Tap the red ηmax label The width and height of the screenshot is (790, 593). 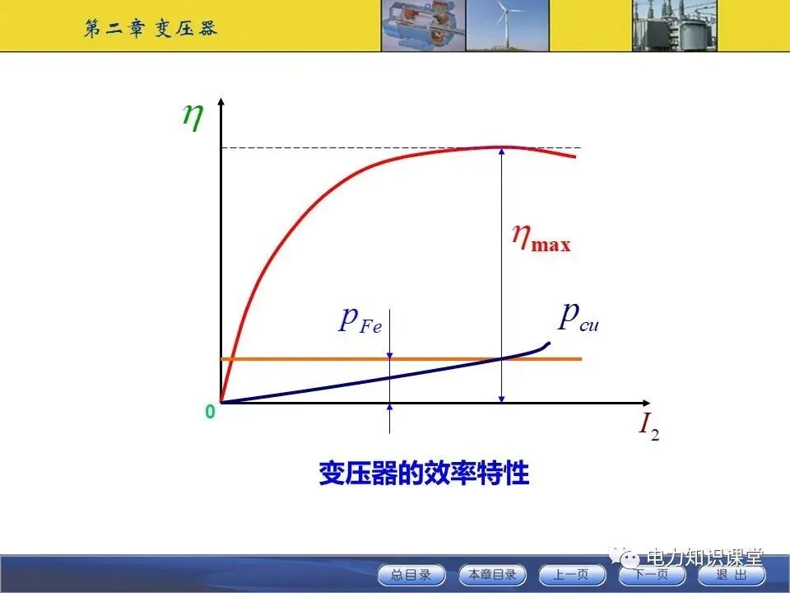point(540,238)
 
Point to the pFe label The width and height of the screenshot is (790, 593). point(360,320)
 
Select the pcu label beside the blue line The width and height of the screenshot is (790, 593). point(578,316)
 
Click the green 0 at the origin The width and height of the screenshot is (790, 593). point(210,412)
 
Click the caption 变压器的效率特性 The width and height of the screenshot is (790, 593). point(424,474)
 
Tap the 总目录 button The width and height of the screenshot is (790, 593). point(411,575)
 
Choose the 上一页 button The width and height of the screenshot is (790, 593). point(572,575)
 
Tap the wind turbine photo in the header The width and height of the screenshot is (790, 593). point(508,26)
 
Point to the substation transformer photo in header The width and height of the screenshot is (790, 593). point(674,26)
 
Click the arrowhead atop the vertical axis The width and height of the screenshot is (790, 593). point(221,104)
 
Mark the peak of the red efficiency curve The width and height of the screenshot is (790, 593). point(502,147)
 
